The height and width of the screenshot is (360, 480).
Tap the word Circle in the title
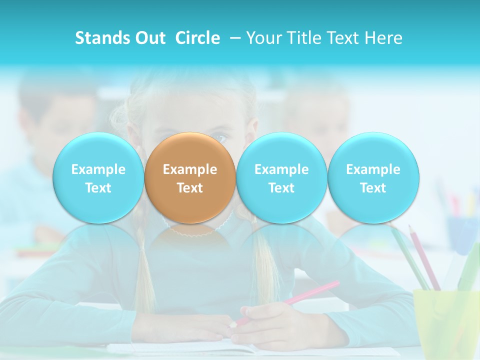point(197,38)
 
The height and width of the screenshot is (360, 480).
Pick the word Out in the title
point(148,38)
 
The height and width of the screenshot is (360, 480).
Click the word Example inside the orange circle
point(190,169)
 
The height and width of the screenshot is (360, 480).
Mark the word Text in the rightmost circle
point(373,188)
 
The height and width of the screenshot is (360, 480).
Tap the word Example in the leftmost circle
point(98,169)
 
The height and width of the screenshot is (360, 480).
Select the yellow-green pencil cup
point(445,320)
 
